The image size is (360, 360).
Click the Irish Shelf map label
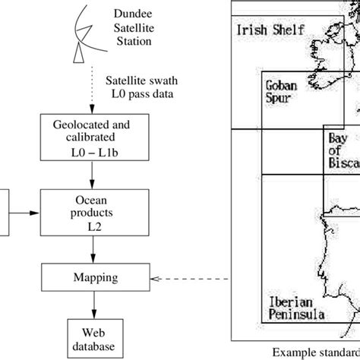(x=270, y=30)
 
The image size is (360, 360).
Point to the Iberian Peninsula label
(x=297, y=308)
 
